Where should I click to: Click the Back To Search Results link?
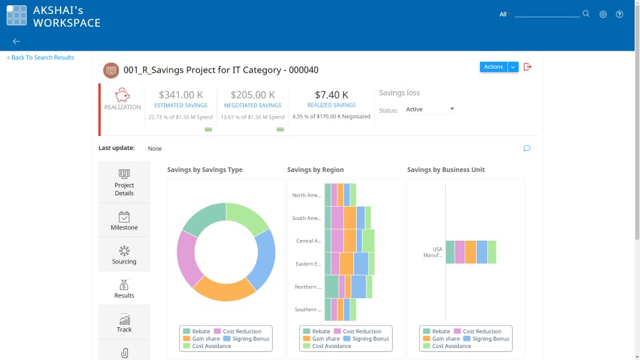click(x=41, y=58)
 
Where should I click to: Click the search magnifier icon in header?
click(x=586, y=14)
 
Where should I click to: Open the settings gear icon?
click(x=603, y=14)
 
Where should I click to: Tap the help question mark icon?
click(x=619, y=14)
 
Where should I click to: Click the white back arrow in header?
click(x=17, y=41)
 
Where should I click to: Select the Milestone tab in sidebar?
click(x=124, y=221)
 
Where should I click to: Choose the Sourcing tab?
click(x=124, y=255)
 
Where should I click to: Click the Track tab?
click(x=124, y=323)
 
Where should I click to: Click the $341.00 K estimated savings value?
click(x=181, y=95)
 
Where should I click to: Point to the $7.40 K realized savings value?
click(x=331, y=95)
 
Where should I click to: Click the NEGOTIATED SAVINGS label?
click(x=253, y=105)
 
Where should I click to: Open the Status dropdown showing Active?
click(x=430, y=109)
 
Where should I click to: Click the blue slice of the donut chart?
click(x=263, y=259)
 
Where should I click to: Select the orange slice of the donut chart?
click(x=223, y=289)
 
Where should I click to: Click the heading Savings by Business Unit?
click(x=445, y=170)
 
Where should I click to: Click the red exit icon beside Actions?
click(x=527, y=67)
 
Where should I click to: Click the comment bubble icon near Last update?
click(x=527, y=149)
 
